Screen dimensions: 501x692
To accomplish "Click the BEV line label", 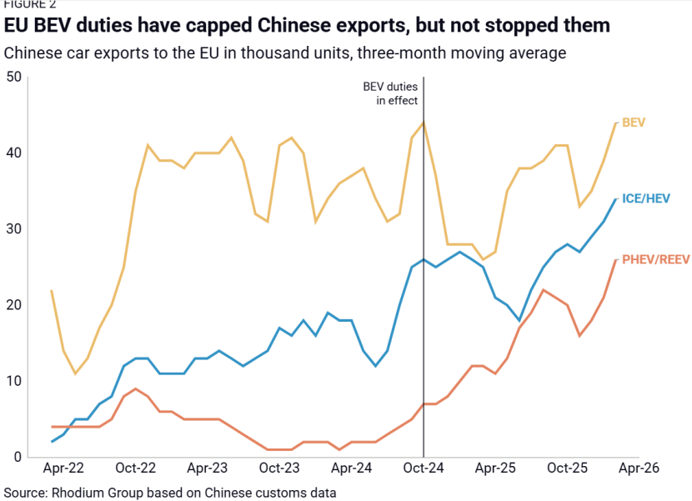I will coord(634,123).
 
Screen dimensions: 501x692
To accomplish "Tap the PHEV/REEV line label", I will coord(655,259).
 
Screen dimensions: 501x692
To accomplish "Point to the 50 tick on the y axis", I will coord(13,78).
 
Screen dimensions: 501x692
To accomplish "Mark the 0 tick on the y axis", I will coord(17,457).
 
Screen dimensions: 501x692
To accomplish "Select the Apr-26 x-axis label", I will coord(639,469).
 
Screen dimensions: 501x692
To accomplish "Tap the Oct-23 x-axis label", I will coord(279,469).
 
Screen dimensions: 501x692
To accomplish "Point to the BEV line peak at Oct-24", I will coord(424,123).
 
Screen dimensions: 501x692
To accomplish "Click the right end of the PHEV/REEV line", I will coord(616,259).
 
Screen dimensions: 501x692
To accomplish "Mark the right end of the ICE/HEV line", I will coord(616,198).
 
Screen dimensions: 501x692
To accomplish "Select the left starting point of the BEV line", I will coord(52,291).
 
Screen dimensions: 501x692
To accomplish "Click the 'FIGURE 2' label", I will coord(30,4).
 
